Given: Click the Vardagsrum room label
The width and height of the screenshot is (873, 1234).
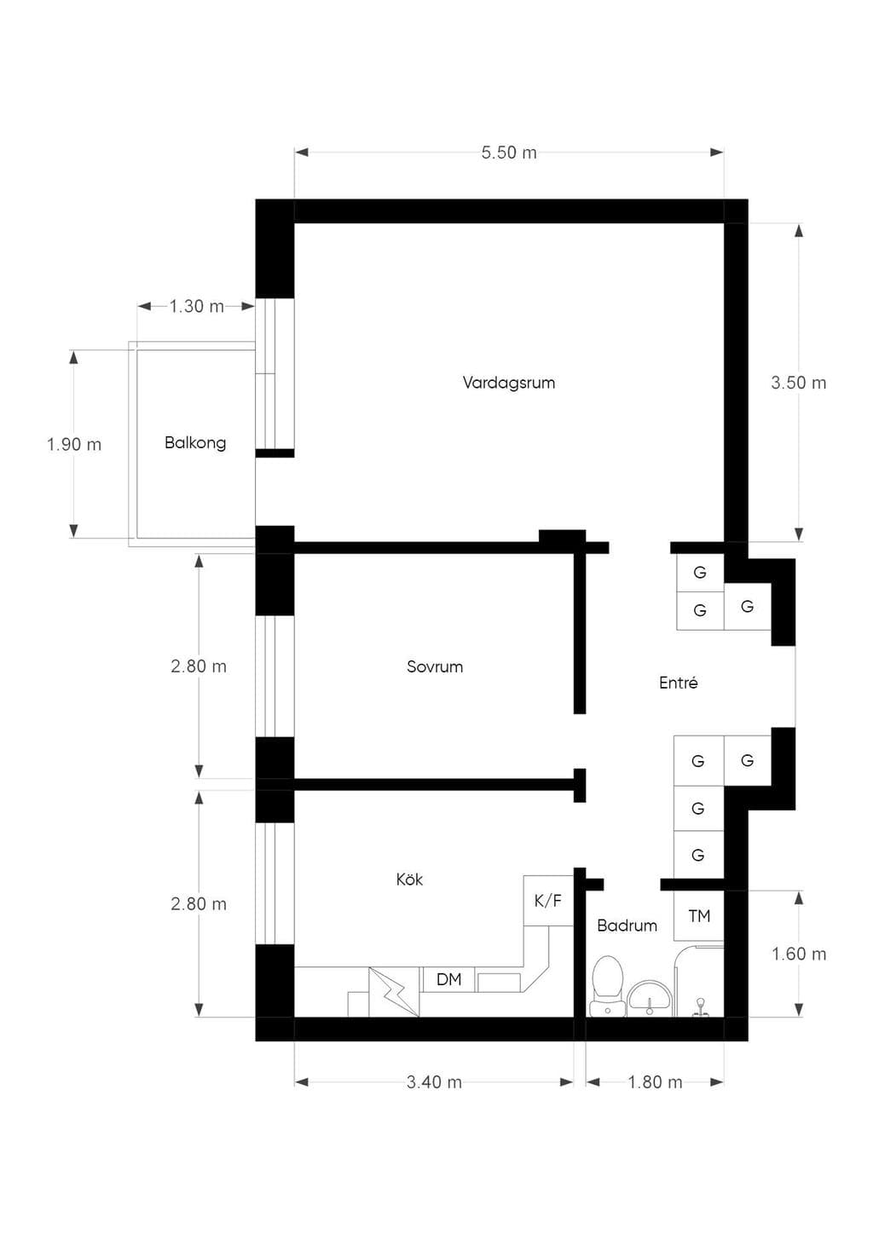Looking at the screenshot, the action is point(509,383).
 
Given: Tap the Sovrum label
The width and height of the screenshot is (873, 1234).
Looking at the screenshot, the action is point(435,666).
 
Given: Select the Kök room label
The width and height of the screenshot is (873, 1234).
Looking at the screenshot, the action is point(409,879).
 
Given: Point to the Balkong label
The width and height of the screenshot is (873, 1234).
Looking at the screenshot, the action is point(195,443).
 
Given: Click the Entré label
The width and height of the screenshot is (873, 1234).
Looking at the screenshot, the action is point(679,683).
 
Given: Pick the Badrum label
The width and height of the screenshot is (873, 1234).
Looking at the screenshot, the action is point(627,925).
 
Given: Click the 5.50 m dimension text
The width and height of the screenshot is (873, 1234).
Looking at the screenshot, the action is point(509,153).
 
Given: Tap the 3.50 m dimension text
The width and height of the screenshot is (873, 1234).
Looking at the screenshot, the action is point(799,383).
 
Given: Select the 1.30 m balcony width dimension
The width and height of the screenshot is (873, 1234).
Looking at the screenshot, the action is point(196,306).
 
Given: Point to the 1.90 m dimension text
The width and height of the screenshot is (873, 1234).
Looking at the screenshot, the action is point(74,444).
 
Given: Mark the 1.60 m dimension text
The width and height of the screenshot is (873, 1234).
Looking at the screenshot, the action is point(799,954).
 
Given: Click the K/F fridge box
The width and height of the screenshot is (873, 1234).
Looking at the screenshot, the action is point(548,900).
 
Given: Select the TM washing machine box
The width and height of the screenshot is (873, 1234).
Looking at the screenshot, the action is point(699,915).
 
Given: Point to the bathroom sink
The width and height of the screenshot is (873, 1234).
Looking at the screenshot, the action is point(650,998).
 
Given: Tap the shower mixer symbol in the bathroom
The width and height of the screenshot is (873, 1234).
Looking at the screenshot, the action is point(701,1006).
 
